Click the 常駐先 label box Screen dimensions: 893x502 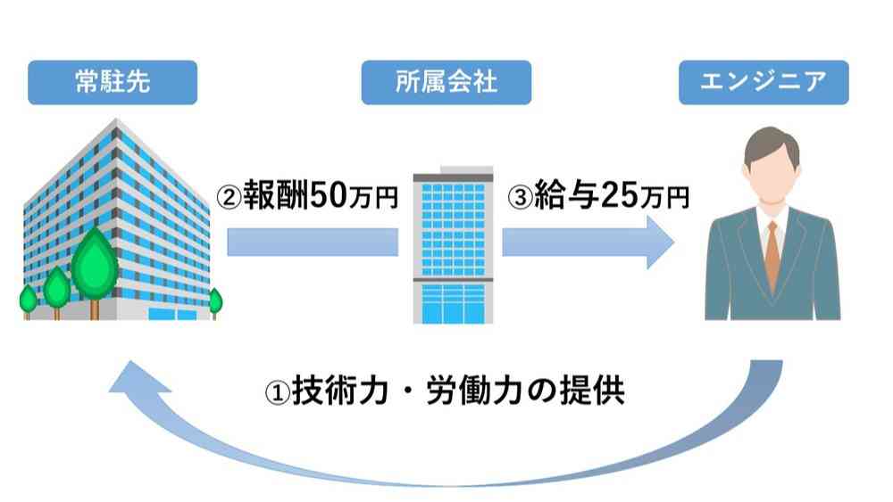pos(113,82)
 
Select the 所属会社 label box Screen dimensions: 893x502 pos(446,82)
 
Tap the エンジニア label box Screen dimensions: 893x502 pos(764,82)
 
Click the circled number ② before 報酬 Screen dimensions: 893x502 pos(230,197)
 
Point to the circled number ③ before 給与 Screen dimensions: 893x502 pos(520,197)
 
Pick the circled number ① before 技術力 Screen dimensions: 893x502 pos(278,392)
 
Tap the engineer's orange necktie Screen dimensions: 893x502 pos(772,256)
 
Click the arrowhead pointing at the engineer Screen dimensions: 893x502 pos(661,243)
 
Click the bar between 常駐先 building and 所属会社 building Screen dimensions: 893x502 pos(313,243)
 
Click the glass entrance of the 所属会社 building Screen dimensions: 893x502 pos(453,303)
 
